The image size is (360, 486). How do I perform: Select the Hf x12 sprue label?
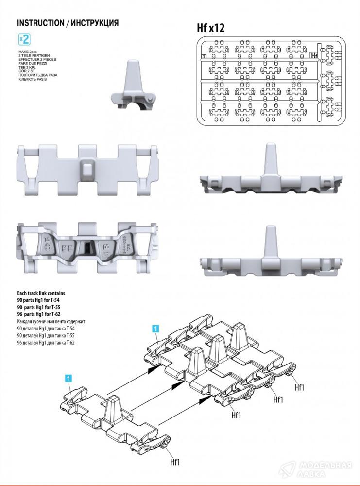pyautogui.click(x=210, y=28)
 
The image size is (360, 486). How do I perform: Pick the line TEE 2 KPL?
pyautogui.click(x=29, y=67)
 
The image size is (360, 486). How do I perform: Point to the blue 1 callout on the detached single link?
pyautogui.click(x=69, y=378)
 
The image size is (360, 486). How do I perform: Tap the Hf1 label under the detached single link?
pyautogui.click(x=174, y=462)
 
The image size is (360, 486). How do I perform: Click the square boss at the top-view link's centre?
pyautogui.click(x=87, y=169)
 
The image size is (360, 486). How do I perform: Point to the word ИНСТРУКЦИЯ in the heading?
pyautogui.click(x=95, y=23)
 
